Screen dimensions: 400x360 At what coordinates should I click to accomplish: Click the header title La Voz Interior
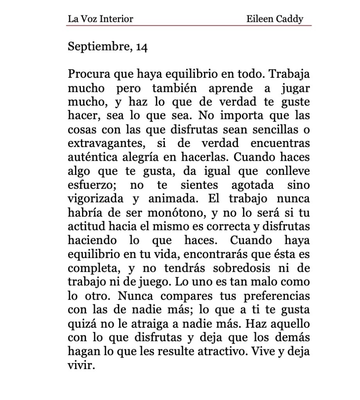(x=100, y=18)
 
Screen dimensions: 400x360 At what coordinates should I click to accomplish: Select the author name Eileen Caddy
(x=275, y=18)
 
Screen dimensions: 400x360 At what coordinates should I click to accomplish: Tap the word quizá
(x=80, y=323)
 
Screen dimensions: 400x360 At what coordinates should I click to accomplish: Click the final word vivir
(x=81, y=364)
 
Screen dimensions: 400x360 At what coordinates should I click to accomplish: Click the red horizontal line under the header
(x=190, y=25)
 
